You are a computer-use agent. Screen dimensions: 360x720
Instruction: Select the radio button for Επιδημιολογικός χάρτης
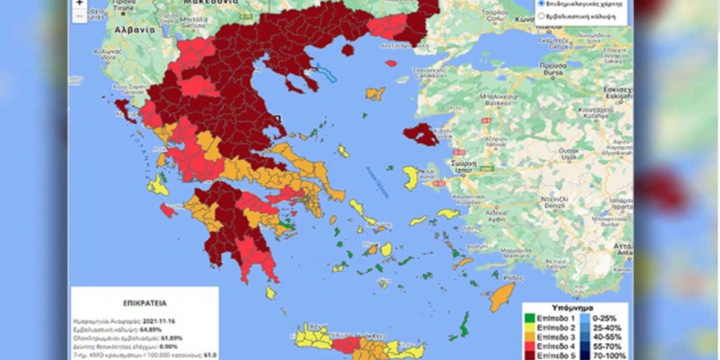tap(541, 3)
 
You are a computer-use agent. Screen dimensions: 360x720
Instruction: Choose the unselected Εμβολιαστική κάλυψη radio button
tap(541, 15)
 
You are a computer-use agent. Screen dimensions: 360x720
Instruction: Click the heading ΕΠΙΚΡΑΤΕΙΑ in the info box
tap(145, 303)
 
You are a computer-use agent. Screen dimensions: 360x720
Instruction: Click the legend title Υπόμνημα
tap(575, 309)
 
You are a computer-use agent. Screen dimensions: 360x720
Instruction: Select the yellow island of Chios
tap(411, 178)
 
